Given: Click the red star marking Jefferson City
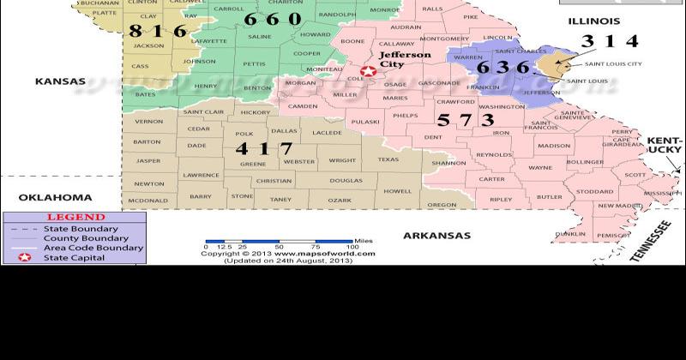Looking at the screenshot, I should tap(368, 73).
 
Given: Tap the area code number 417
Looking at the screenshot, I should tap(264, 148).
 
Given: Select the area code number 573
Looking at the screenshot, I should tap(466, 120).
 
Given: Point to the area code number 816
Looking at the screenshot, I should tap(158, 32).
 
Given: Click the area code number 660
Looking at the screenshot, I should tap(272, 19).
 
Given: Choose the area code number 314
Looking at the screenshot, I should tap(610, 41).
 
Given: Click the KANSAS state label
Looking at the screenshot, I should tap(60, 81).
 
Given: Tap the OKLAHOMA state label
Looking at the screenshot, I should tap(55, 197).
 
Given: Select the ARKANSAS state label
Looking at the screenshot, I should tap(437, 235).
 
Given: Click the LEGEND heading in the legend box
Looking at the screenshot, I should tap(75, 218).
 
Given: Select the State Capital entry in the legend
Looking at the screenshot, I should tap(75, 257).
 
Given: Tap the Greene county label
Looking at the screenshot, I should tap(252, 164).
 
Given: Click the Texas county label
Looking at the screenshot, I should tap(388, 159).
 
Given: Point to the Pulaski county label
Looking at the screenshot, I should tap(365, 122).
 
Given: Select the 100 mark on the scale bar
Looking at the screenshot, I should tap(352, 246).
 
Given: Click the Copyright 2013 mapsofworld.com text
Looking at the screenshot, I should tap(288, 254).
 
